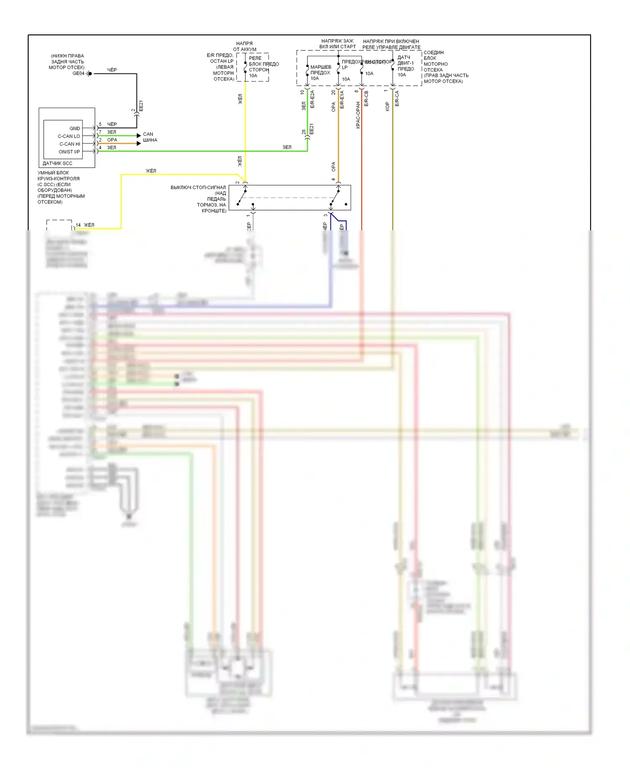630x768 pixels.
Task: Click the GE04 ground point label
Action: (x=79, y=74)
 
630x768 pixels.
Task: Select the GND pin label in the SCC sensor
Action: (x=75, y=129)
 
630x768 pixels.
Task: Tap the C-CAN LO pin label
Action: (x=69, y=136)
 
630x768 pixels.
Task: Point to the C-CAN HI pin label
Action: (x=70, y=144)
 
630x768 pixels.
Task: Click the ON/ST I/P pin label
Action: (x=69, y=152)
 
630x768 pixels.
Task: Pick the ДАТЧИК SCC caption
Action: (x=58, y=163)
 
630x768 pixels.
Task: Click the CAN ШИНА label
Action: (x=150, y=137)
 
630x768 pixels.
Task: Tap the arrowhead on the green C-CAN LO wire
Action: (x=139, y=136)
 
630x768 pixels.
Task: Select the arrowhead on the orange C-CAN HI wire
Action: (x=139, y=143)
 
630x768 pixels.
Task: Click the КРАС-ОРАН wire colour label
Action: (x=358, y=115)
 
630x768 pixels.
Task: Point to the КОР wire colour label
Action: (x=387, y=107)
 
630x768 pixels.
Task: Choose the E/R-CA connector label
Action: (x=397, y=99)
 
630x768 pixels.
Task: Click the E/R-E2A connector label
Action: (x=312, y=100)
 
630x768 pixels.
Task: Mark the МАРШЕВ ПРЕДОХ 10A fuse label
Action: (x=320, y=73)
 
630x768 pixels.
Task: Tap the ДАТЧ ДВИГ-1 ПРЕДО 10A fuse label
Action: (x=406, y=66)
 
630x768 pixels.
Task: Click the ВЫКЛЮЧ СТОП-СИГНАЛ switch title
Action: (x=198, y=187)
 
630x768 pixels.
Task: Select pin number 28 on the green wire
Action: (x=304, y=132)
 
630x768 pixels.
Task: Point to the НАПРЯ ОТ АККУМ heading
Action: (x=244, y=46)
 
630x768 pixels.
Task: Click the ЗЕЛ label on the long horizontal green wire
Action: (x=287, y=147)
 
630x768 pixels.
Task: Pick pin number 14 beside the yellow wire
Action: (x=78, y=225)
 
